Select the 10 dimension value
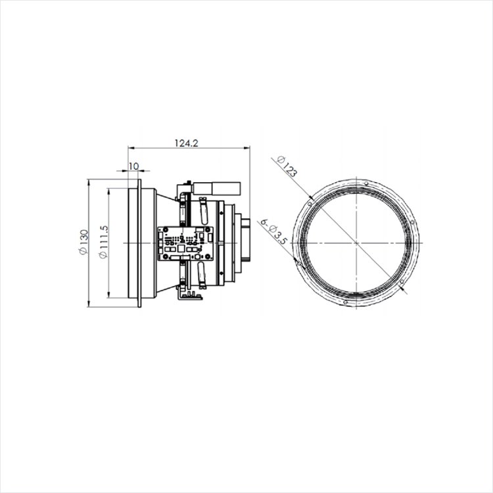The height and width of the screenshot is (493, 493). click(133, 166)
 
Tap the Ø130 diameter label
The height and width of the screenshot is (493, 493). click(83, 243)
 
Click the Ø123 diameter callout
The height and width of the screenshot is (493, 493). click(287, 168)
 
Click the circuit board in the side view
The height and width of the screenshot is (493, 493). click(185, 243)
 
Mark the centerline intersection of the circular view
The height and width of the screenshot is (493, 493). click(356, 243)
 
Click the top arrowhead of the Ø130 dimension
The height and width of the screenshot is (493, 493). click(89, 181)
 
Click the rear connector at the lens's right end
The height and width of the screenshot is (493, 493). click(245, 243)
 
